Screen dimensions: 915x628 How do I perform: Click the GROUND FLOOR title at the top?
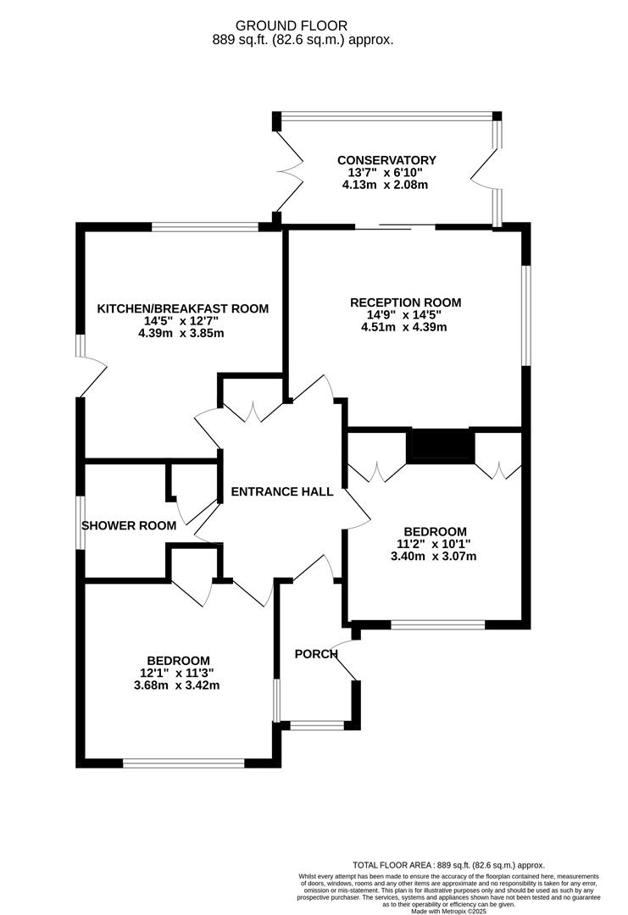(x=302, y=26)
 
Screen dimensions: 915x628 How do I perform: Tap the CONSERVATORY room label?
(x=386, y=160)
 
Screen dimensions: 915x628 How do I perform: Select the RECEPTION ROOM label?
(x=406, y=302)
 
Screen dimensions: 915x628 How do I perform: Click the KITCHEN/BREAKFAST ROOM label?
(x=182, y=308)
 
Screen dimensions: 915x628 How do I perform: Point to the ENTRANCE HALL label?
(x=282, y=491)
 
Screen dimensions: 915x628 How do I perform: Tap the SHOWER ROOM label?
(x=129, y=525)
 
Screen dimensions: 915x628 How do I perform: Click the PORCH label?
(x=316, y=653)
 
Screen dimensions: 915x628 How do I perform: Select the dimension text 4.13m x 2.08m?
(x=386, y=184)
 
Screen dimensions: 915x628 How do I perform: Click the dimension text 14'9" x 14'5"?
(x=406, y=315)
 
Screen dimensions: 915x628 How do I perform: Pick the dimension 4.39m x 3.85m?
(x=182, y=333)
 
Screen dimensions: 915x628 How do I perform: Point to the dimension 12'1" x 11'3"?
(x=178, y=674)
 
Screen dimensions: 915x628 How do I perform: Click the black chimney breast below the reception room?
(x=439, y=446)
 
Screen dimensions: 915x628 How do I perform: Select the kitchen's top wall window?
(x=205, y=226)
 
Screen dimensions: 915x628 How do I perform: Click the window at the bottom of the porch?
(x=317, y=725)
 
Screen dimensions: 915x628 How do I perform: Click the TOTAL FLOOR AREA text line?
(x=448, y=865)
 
